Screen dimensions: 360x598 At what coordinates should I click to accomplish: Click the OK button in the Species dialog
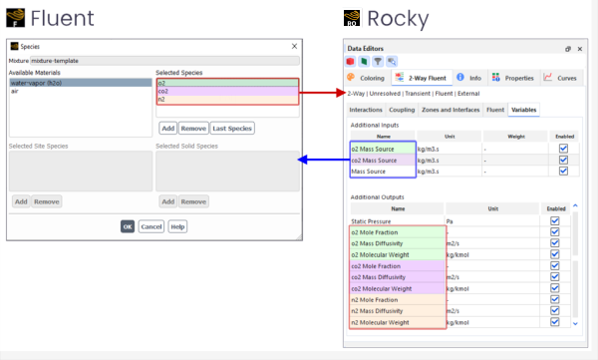click(x=128, y=226)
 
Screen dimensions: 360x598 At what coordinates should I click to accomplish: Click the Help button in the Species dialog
click(x=177, y=226)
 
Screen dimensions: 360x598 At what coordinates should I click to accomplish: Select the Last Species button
click(x=231, y=128)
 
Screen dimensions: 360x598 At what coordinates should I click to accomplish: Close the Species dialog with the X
click(x=294, y=46)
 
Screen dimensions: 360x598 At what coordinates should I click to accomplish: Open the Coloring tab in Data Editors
click(x=366, y=77)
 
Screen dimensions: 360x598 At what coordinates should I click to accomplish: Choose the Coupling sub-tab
click(x=403, y=110)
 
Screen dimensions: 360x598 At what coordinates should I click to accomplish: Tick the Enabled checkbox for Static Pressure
click(x=555, y=220)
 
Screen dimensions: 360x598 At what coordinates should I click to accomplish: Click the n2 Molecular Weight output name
click(x=380, y=322)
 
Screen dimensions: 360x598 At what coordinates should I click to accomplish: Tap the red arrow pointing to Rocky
click(x=321, y=93)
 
